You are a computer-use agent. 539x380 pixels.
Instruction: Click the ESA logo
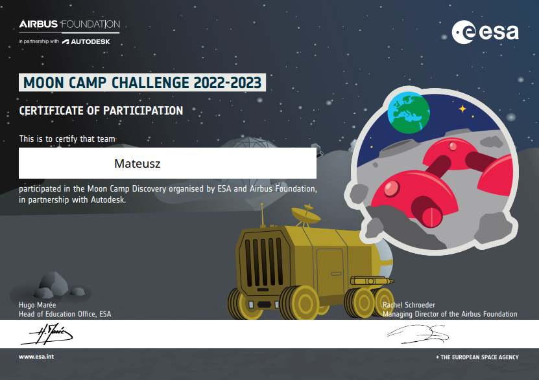coord(485,32)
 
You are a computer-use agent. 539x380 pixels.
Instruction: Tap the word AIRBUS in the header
coord(38,24)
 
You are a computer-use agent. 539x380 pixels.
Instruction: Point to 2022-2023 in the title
coord(227,83)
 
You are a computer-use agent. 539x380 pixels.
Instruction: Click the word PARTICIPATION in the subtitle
coord(143,111)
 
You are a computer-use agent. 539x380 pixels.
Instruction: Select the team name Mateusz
coord(137,164)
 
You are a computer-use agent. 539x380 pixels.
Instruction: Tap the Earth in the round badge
coord(409,113)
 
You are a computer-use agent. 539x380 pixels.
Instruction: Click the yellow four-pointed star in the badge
coord(462,109)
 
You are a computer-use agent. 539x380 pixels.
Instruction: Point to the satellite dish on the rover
coord(305,214)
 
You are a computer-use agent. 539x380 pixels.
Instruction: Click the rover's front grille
coord(263,262)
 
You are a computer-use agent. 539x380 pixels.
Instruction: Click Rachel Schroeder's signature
coord(418,333)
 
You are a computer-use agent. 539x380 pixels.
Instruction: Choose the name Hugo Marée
coord(37,305)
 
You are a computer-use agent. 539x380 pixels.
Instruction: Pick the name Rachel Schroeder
coord(409,305)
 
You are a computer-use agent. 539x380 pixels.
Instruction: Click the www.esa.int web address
coord(36,357)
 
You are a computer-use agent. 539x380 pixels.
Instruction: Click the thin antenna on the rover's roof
coord(262,215)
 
